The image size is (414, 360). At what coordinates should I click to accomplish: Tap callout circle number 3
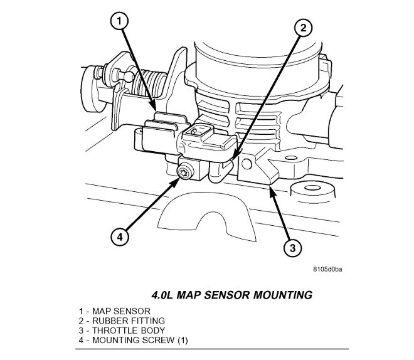pos(290,249)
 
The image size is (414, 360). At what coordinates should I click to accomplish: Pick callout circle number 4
pos(120,236)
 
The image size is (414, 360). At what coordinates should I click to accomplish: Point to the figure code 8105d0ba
pos(329,270)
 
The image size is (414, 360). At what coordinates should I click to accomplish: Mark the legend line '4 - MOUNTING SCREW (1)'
pos(132,340)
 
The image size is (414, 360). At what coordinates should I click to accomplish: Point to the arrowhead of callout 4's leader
pos(178,181)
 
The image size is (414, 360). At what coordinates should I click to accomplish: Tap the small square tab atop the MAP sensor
pos(198,130)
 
